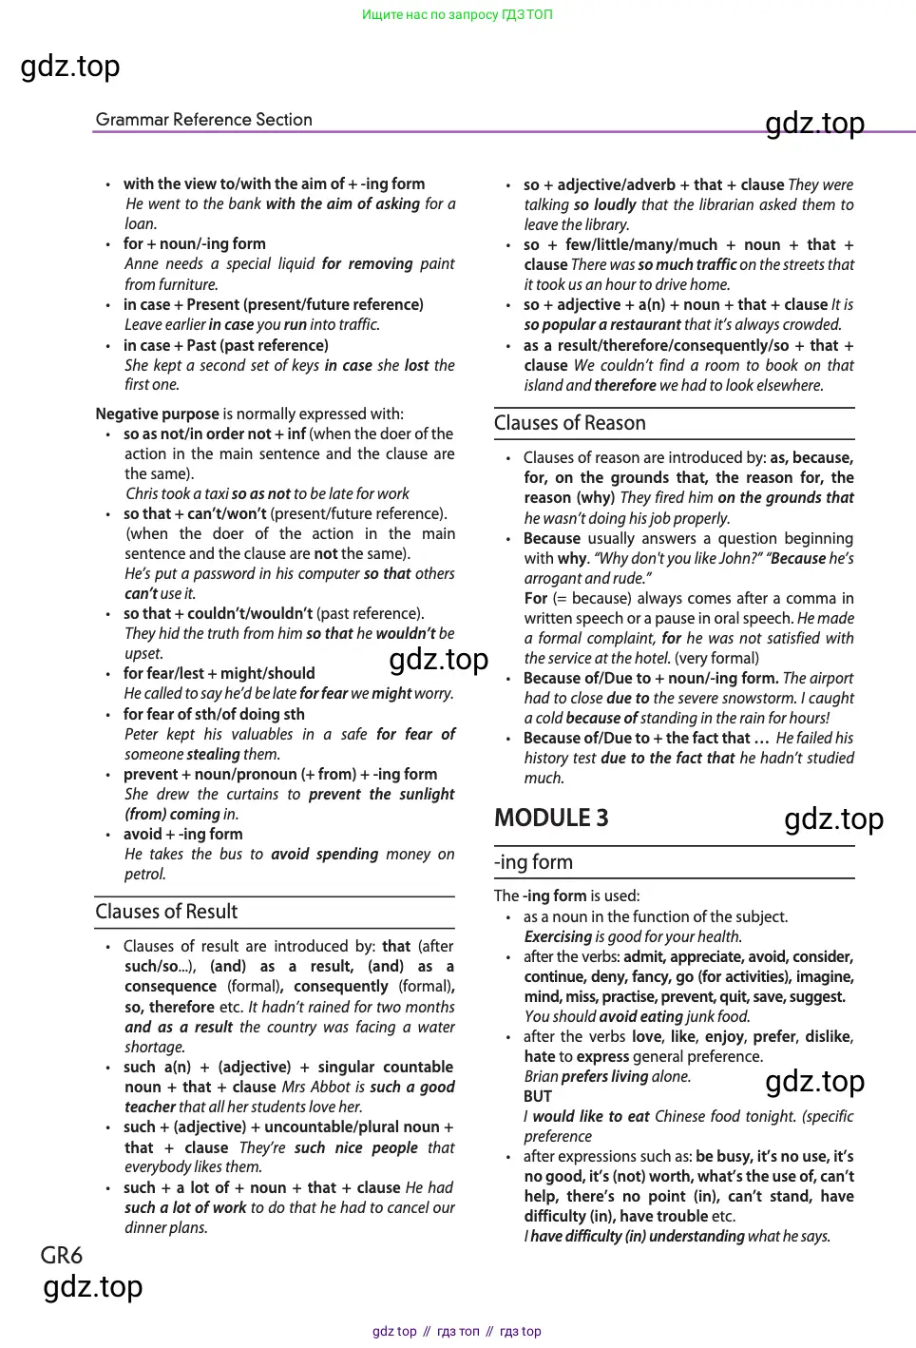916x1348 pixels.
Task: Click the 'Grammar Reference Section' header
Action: tap(203, 120)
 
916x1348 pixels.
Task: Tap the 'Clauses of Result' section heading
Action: tap(166, 912)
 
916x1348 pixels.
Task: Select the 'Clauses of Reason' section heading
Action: tap(569, 423)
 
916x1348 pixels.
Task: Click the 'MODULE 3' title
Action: tap(551, 818)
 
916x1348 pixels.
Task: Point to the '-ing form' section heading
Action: tap(533, 862)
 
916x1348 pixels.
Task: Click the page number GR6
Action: tap(61, 1256)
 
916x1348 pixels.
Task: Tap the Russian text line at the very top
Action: tap(457, 14)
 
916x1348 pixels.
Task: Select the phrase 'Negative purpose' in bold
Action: tap(157, 414)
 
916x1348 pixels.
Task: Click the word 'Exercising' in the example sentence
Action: tap(558, 936)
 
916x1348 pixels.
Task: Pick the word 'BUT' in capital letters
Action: tap(538, 1096)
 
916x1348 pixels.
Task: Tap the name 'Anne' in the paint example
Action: tap(142, 263)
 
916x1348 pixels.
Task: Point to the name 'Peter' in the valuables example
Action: tap(142, 734)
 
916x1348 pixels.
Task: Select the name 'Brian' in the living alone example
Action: tap(541, 1076)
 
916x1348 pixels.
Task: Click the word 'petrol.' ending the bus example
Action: tap(145, 874)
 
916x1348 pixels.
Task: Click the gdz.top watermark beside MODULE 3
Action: tap(833, 818)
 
